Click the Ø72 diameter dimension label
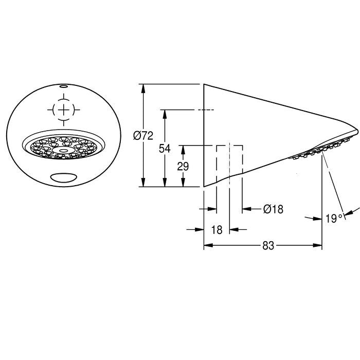(x=143, y=136)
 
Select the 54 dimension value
(x=165, y=149)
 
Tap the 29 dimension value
(x=183, y=167)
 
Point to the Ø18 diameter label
(x=273, y=209)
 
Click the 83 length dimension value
(x=268, y=246)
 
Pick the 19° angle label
(x=334, y=218)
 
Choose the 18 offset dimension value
(x=217, y=229)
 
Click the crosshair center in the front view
(x=64, y=110)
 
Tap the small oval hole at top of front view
(x=64, y=86)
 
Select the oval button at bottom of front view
(x=64, y=177)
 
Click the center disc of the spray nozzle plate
(x=64, y=150)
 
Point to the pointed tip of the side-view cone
(x=357, y=132)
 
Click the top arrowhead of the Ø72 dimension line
(x=143, y=88)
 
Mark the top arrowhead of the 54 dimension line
(x=165, y=114)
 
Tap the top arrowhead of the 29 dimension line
(x=183, y=150)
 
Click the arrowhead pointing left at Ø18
(x=246, y=209)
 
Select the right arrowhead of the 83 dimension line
(x=317, y=245)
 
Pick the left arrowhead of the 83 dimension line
(x=208, y=245)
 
